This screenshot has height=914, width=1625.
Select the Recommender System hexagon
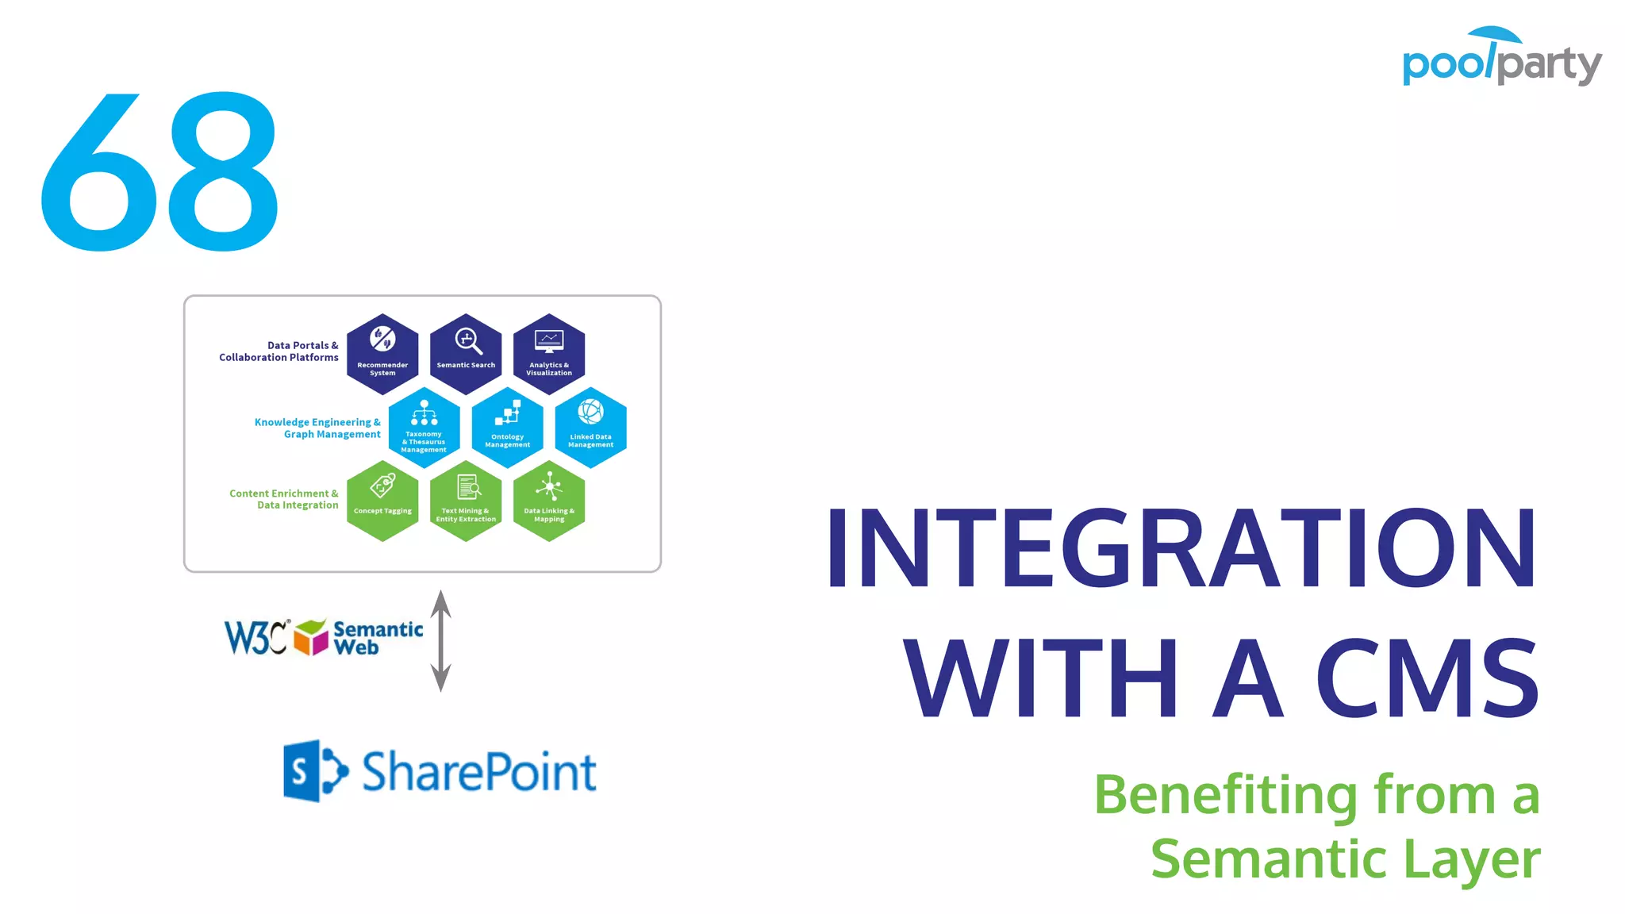tap(382, 354)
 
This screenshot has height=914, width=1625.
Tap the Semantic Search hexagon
tap(466, 354)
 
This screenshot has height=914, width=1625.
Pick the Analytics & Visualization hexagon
tap(549, 354)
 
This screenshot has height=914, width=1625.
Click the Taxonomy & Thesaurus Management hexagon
tap(424, 428)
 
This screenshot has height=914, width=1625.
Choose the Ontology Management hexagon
tap(508, 428)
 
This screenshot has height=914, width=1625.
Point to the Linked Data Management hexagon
tap(591, 428)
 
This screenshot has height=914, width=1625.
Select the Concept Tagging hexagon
tap(382, 501)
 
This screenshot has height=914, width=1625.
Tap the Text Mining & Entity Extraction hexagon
tap(466, 501)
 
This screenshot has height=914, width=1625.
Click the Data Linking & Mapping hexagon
tap(549, 501)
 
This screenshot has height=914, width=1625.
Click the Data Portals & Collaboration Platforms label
tap(279, 351)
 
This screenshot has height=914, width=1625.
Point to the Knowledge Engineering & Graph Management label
tap(317, 428)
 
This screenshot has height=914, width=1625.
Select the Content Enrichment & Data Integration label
tap(284, 499)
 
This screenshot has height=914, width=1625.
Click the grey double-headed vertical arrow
tap(441, 640)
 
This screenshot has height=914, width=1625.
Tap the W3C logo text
tap(255, 637)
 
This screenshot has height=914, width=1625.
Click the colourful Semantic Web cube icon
tap(311, 637)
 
